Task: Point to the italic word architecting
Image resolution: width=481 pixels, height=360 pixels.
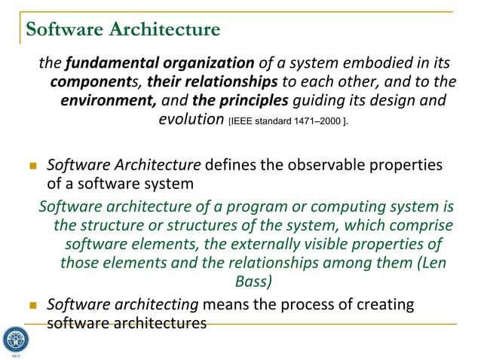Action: tap(155, 304)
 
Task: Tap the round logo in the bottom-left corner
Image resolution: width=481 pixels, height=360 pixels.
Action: tap(14, 338)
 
